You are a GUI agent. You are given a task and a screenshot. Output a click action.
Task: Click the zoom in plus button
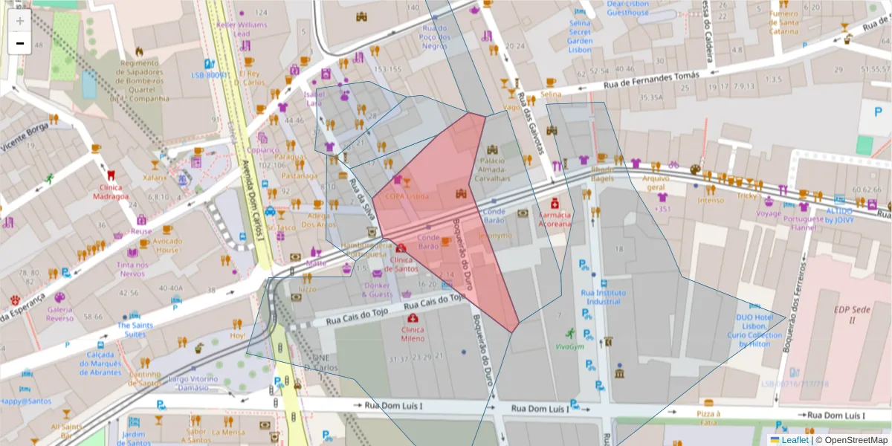(x=20, y=20)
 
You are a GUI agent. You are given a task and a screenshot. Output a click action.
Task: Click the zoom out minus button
(x=20, y=43)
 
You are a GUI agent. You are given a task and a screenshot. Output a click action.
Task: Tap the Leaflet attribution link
(x=795, y=440)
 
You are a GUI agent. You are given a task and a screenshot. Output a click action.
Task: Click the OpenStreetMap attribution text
(x=855, y=440)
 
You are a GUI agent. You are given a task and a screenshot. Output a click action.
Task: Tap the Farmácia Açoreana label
(x=555, y=219)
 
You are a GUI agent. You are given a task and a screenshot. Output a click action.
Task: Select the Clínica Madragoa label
(x=109, y=192)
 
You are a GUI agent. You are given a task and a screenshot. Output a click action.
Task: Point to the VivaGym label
(x=569, y=346)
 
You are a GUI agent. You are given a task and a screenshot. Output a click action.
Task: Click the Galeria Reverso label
(x=60, y=313)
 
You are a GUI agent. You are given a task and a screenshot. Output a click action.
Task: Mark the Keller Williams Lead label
(x=242, y=29)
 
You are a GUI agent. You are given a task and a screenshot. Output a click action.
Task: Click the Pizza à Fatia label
(x=708, y=418)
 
